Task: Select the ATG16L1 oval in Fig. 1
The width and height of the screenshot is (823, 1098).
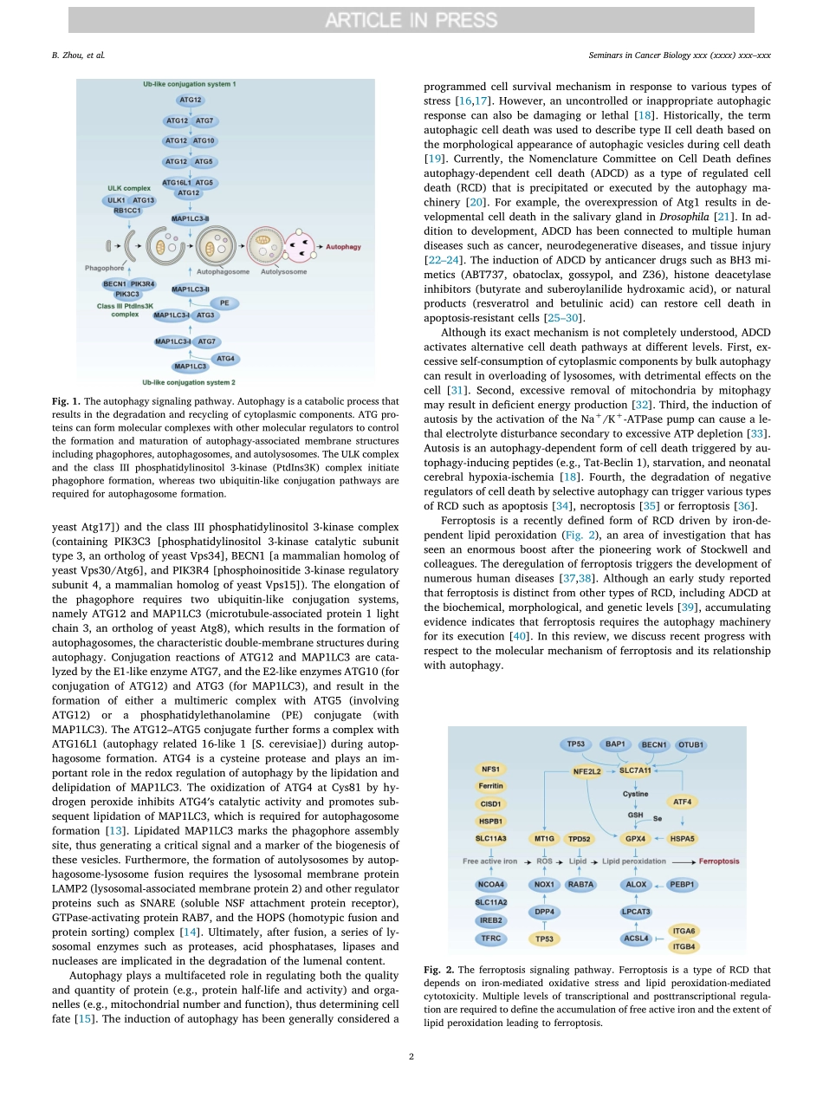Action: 177,183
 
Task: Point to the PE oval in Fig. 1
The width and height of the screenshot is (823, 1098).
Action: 224,303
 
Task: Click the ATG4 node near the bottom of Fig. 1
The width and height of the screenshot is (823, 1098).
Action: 224,358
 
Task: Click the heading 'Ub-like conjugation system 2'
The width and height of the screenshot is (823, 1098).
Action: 189,381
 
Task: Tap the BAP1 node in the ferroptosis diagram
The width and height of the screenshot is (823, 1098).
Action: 615,744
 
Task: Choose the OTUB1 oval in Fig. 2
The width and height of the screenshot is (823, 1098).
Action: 691,744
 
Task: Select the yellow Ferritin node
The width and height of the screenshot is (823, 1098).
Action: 491,786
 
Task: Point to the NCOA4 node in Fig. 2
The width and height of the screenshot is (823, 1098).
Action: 491,885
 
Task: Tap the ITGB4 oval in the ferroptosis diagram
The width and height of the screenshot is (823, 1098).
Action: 684,945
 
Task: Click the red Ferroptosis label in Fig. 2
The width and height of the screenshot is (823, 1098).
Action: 719,861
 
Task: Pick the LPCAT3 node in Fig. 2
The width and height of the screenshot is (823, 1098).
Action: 636,912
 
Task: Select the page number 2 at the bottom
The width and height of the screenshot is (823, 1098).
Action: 411,1056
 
